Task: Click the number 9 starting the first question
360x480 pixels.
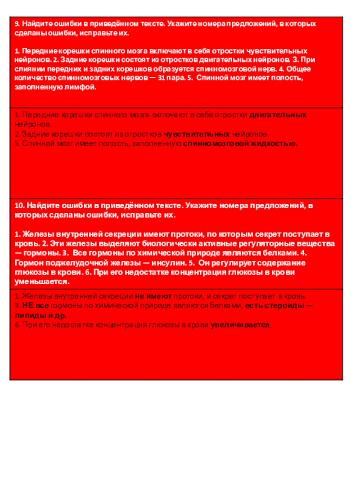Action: click(17, 23)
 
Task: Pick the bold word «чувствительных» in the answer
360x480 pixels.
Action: click(197, 134)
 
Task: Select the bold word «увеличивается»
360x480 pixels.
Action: click(241, 324)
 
